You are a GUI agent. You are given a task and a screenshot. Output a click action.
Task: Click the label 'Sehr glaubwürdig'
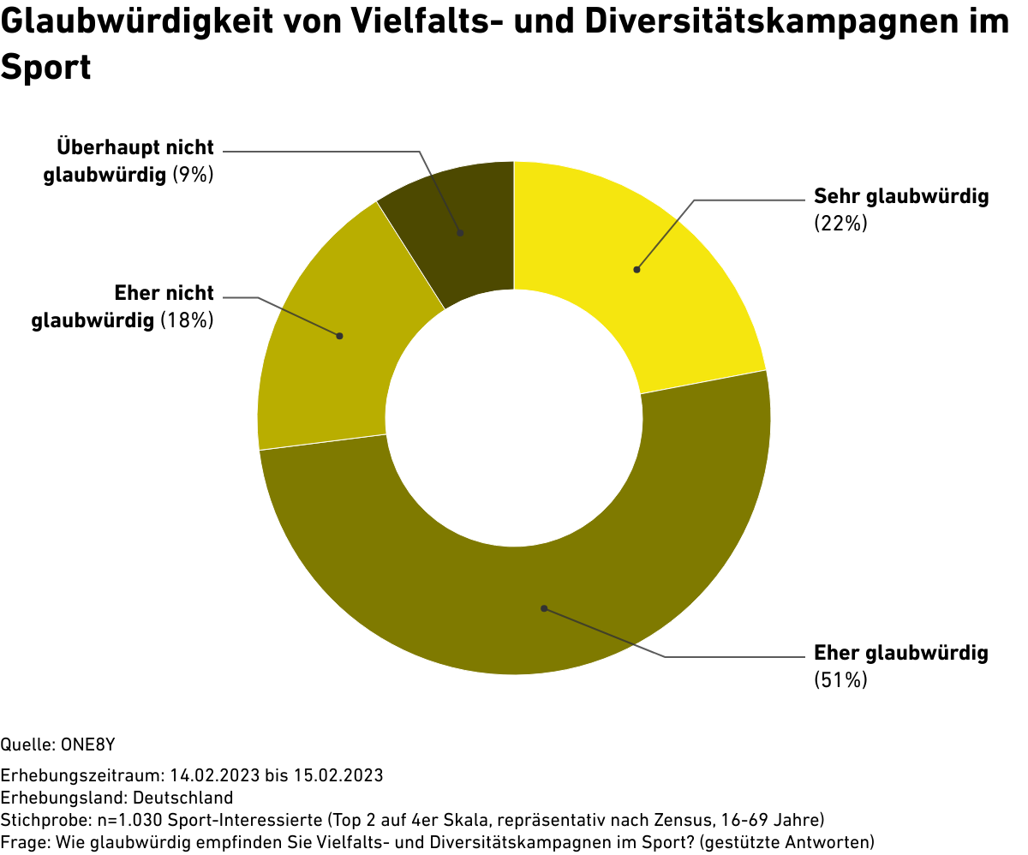coord(901,196)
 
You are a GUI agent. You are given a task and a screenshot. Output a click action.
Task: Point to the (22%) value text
coord(841,224)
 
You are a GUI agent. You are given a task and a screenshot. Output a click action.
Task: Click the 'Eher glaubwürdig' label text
coord(901,653)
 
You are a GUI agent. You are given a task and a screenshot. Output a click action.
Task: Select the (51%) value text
coord(841,680)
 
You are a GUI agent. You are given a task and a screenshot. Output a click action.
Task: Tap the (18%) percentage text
coord(188,321)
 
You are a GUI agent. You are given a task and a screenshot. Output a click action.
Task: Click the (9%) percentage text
coord(193,175)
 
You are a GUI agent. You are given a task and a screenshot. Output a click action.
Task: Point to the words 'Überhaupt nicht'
coord(135,147)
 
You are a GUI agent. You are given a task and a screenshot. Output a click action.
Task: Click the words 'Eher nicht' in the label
coord(164,294)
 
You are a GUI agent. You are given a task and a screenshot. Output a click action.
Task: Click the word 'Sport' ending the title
coord(46,67)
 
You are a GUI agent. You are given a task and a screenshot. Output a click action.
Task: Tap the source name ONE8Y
coord(88,743)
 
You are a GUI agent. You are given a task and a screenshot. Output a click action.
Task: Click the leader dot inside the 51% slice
coord(544,608)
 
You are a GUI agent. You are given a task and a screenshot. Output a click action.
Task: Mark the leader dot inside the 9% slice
coord(460,232)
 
